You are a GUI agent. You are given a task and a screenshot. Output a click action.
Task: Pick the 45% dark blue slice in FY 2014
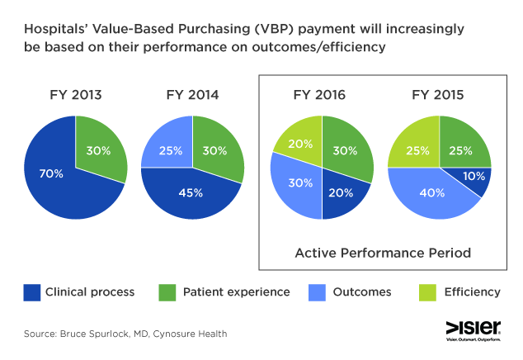coord(191,194)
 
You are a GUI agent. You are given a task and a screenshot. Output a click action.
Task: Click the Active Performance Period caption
coord(383,253)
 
